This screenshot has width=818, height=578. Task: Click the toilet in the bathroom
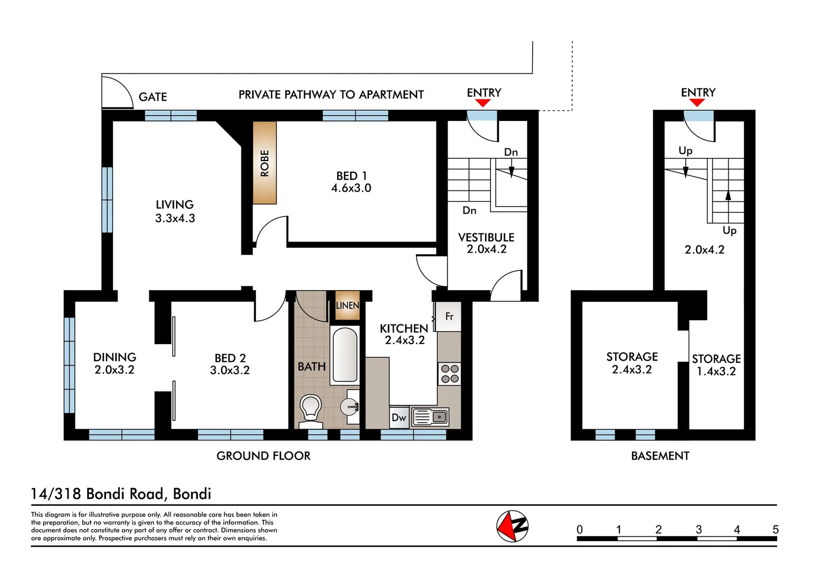[310, 409]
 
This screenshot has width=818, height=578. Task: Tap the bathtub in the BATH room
[345, 355]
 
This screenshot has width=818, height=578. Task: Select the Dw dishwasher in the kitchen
[399, 417]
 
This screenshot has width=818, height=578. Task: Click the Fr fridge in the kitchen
[449, 316]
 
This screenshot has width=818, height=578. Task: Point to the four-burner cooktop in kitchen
[449, 374]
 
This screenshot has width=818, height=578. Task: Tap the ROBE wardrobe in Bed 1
[264, 163]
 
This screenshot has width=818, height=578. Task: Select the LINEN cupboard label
[347, 306]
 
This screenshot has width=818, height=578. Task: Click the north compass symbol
[512, 526]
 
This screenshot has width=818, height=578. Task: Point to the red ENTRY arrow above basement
[697, 103]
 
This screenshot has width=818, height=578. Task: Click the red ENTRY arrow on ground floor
[483, 103]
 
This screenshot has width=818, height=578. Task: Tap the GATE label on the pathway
[153, 97]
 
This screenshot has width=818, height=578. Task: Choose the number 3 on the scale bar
[699, 529]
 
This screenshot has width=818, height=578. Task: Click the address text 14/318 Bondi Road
[121, 493]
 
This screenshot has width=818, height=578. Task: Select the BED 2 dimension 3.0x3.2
[230, 370]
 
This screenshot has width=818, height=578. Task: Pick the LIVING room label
[175, 204]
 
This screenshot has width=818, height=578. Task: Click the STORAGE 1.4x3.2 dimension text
[716, 371]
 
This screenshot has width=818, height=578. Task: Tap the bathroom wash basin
[350, 407]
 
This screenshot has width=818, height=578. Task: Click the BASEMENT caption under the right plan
[660, 456]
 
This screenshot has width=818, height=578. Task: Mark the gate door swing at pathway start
[118, 92]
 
